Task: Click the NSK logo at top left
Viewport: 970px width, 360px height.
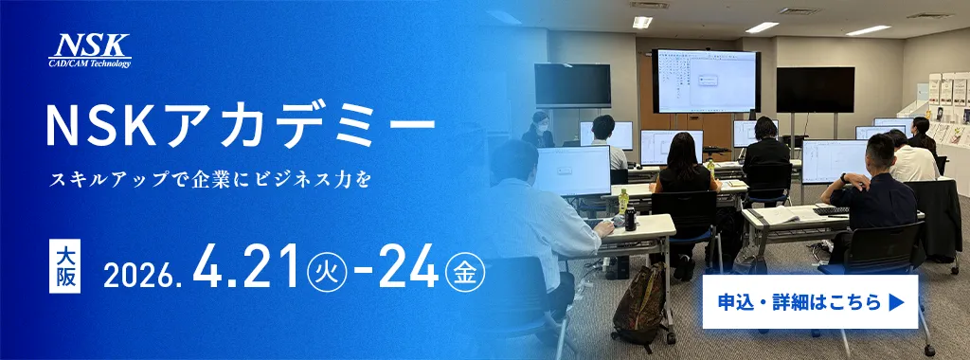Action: pos(91,48)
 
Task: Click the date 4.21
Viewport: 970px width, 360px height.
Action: pos(248,269)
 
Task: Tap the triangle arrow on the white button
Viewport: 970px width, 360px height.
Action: pos(897,302)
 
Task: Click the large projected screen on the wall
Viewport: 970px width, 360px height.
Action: pos(705,80)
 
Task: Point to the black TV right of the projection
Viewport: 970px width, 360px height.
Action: pos(815,90)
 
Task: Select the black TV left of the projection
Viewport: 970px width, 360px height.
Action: pos(572,85)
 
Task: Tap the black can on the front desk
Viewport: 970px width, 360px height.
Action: pos(630,220)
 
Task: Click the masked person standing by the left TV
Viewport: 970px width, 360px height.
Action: pos(539,131)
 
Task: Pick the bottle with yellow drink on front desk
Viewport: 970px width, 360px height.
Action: pos(623,202)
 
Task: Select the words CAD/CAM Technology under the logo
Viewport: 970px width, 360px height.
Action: pos(91,63)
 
